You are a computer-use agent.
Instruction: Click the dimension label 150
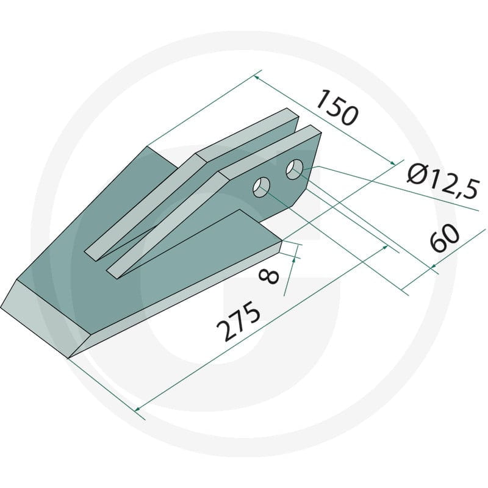(336, 107)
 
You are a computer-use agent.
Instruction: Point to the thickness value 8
(269, 277)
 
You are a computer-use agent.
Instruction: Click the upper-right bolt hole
(295, 170)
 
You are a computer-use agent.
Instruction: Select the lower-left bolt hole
(262, 187)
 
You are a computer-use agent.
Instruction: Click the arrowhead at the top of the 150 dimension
(257, 77)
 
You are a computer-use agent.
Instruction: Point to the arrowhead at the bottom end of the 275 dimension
(138, 408)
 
